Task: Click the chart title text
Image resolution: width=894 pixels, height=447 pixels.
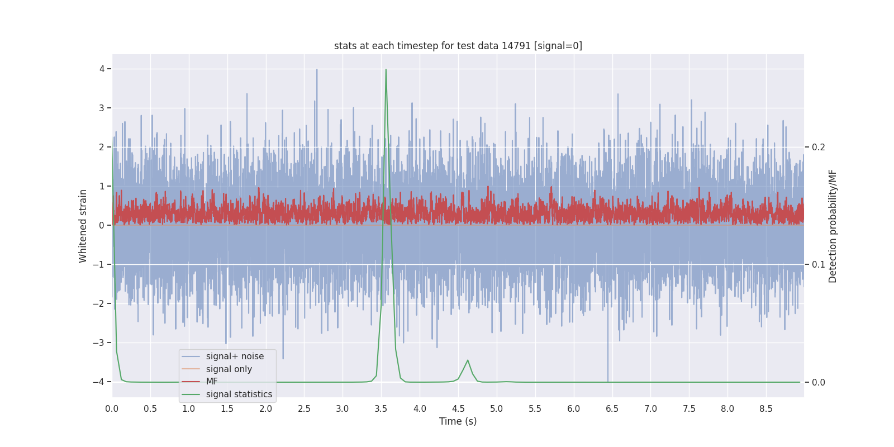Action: click(458, 46)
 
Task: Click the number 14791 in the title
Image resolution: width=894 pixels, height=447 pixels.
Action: click(516, 46)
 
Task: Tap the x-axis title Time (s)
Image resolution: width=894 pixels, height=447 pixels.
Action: click(458, 421)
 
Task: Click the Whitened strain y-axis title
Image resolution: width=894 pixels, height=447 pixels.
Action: click(83, 226)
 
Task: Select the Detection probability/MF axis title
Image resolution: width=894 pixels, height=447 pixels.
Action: click(833, 226)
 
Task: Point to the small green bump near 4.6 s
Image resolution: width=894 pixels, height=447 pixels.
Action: click(468, 361)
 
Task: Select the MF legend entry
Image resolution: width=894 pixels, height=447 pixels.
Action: click(212, 382)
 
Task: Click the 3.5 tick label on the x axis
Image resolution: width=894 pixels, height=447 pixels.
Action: click(381, 408)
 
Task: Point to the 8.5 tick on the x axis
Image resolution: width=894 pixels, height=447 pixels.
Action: click(766, 408)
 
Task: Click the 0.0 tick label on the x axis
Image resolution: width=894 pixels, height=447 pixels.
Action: click(112, 408)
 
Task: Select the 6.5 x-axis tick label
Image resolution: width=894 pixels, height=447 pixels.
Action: click(612, 408)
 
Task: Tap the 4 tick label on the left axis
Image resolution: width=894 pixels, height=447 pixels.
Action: click(102, 69)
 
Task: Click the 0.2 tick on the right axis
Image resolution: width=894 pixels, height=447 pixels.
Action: click(819, 148)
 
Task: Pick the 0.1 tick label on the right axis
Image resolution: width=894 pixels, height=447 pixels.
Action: click(819, 265)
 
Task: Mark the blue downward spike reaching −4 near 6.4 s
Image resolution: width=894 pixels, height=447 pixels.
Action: click(608, 374)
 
